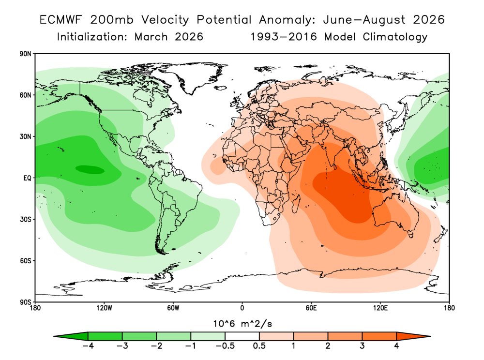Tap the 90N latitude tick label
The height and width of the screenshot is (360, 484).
pos(25,54)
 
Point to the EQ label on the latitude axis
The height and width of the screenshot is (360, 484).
pos(27,178)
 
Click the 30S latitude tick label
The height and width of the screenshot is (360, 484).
pos(25,219)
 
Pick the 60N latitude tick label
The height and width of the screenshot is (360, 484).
pos(25,95)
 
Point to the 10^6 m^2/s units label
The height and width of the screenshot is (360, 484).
pos(242,323)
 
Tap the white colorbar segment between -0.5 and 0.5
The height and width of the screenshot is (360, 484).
pos(242,336)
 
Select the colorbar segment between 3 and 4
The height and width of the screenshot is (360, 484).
pos(379,336)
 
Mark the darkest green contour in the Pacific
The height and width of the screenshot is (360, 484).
pos(90,169)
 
